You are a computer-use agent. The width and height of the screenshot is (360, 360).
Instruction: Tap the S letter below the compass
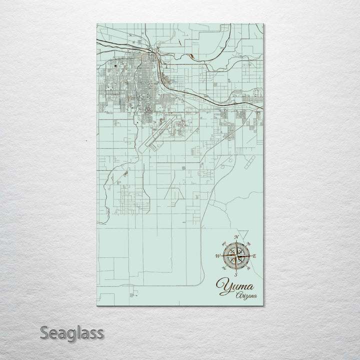pyautogui.click(x=235, y=274)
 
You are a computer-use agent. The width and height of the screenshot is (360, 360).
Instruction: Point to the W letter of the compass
pyautogui.click(x=217, y=255)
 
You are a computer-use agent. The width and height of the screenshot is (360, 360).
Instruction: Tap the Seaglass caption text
pyautogui.click(x=72, y=332)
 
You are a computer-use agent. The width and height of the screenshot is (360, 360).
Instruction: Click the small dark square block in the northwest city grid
pyautogui.click(x=116, y=65)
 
